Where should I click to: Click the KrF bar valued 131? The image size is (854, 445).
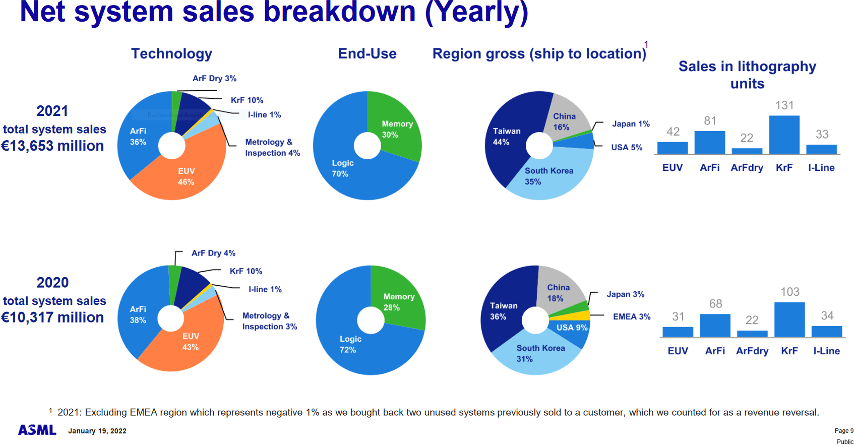[x=784, y=135]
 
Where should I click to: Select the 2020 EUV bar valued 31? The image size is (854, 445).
[x=678, y=332]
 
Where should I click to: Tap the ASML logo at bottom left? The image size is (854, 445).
[x=37, y=430]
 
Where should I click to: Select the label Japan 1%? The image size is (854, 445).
[x=631, y=124]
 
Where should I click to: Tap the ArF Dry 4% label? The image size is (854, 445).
[x=213, y=253]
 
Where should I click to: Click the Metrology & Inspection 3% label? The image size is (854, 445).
[x=269, y=321]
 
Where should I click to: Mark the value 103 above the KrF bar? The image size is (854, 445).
[x=789, y=292]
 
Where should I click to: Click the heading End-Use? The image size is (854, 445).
[x=367, y=53]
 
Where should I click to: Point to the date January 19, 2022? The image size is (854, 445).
[x=97, y=431]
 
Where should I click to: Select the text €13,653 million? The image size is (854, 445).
[x=52, y=146]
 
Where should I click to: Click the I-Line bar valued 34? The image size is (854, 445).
[x=827, y=332]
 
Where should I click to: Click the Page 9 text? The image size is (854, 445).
[x=843, y=431]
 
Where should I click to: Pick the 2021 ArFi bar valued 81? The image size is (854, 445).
[x=709, y=142]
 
